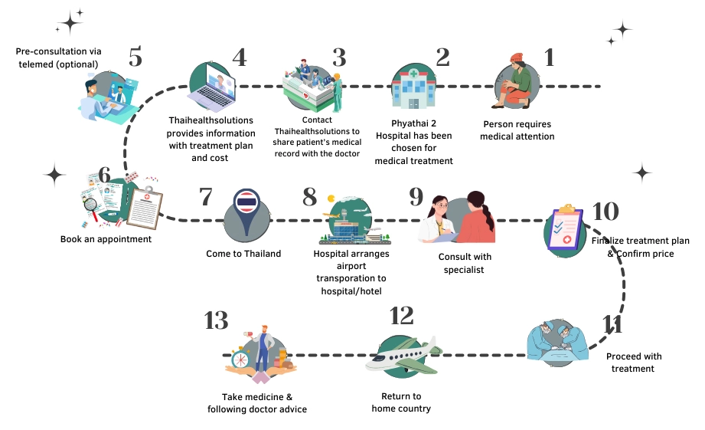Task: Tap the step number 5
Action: (x=135, y=58)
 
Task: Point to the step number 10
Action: (x=605, y=212)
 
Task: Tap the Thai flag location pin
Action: (x=247, y=211)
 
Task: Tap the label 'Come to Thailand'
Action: (x=243, y=254)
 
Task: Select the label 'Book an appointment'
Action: (x=106, y=239)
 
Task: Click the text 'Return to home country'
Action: (x=401, y=402)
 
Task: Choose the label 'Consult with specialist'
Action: (x=465, y=263)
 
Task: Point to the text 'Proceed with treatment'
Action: (x=633, y=363)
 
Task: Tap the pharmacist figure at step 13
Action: (x=263, y=349)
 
